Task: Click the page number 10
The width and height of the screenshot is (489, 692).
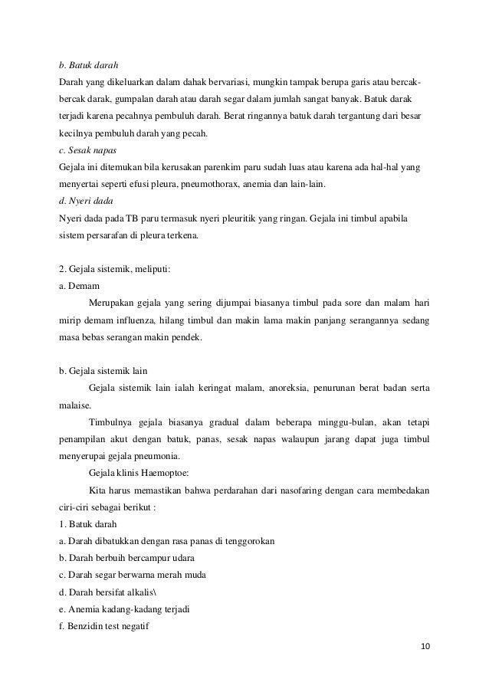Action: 426,645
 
